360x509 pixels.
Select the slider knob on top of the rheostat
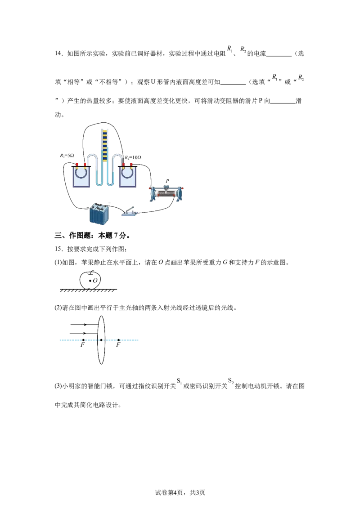165,184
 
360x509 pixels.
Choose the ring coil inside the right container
128,173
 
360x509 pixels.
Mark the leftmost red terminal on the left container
77,164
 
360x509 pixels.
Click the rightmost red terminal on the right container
131,164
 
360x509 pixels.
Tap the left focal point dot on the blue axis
84,340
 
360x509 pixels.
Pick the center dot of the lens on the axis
102,340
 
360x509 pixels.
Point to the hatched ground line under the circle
88,291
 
